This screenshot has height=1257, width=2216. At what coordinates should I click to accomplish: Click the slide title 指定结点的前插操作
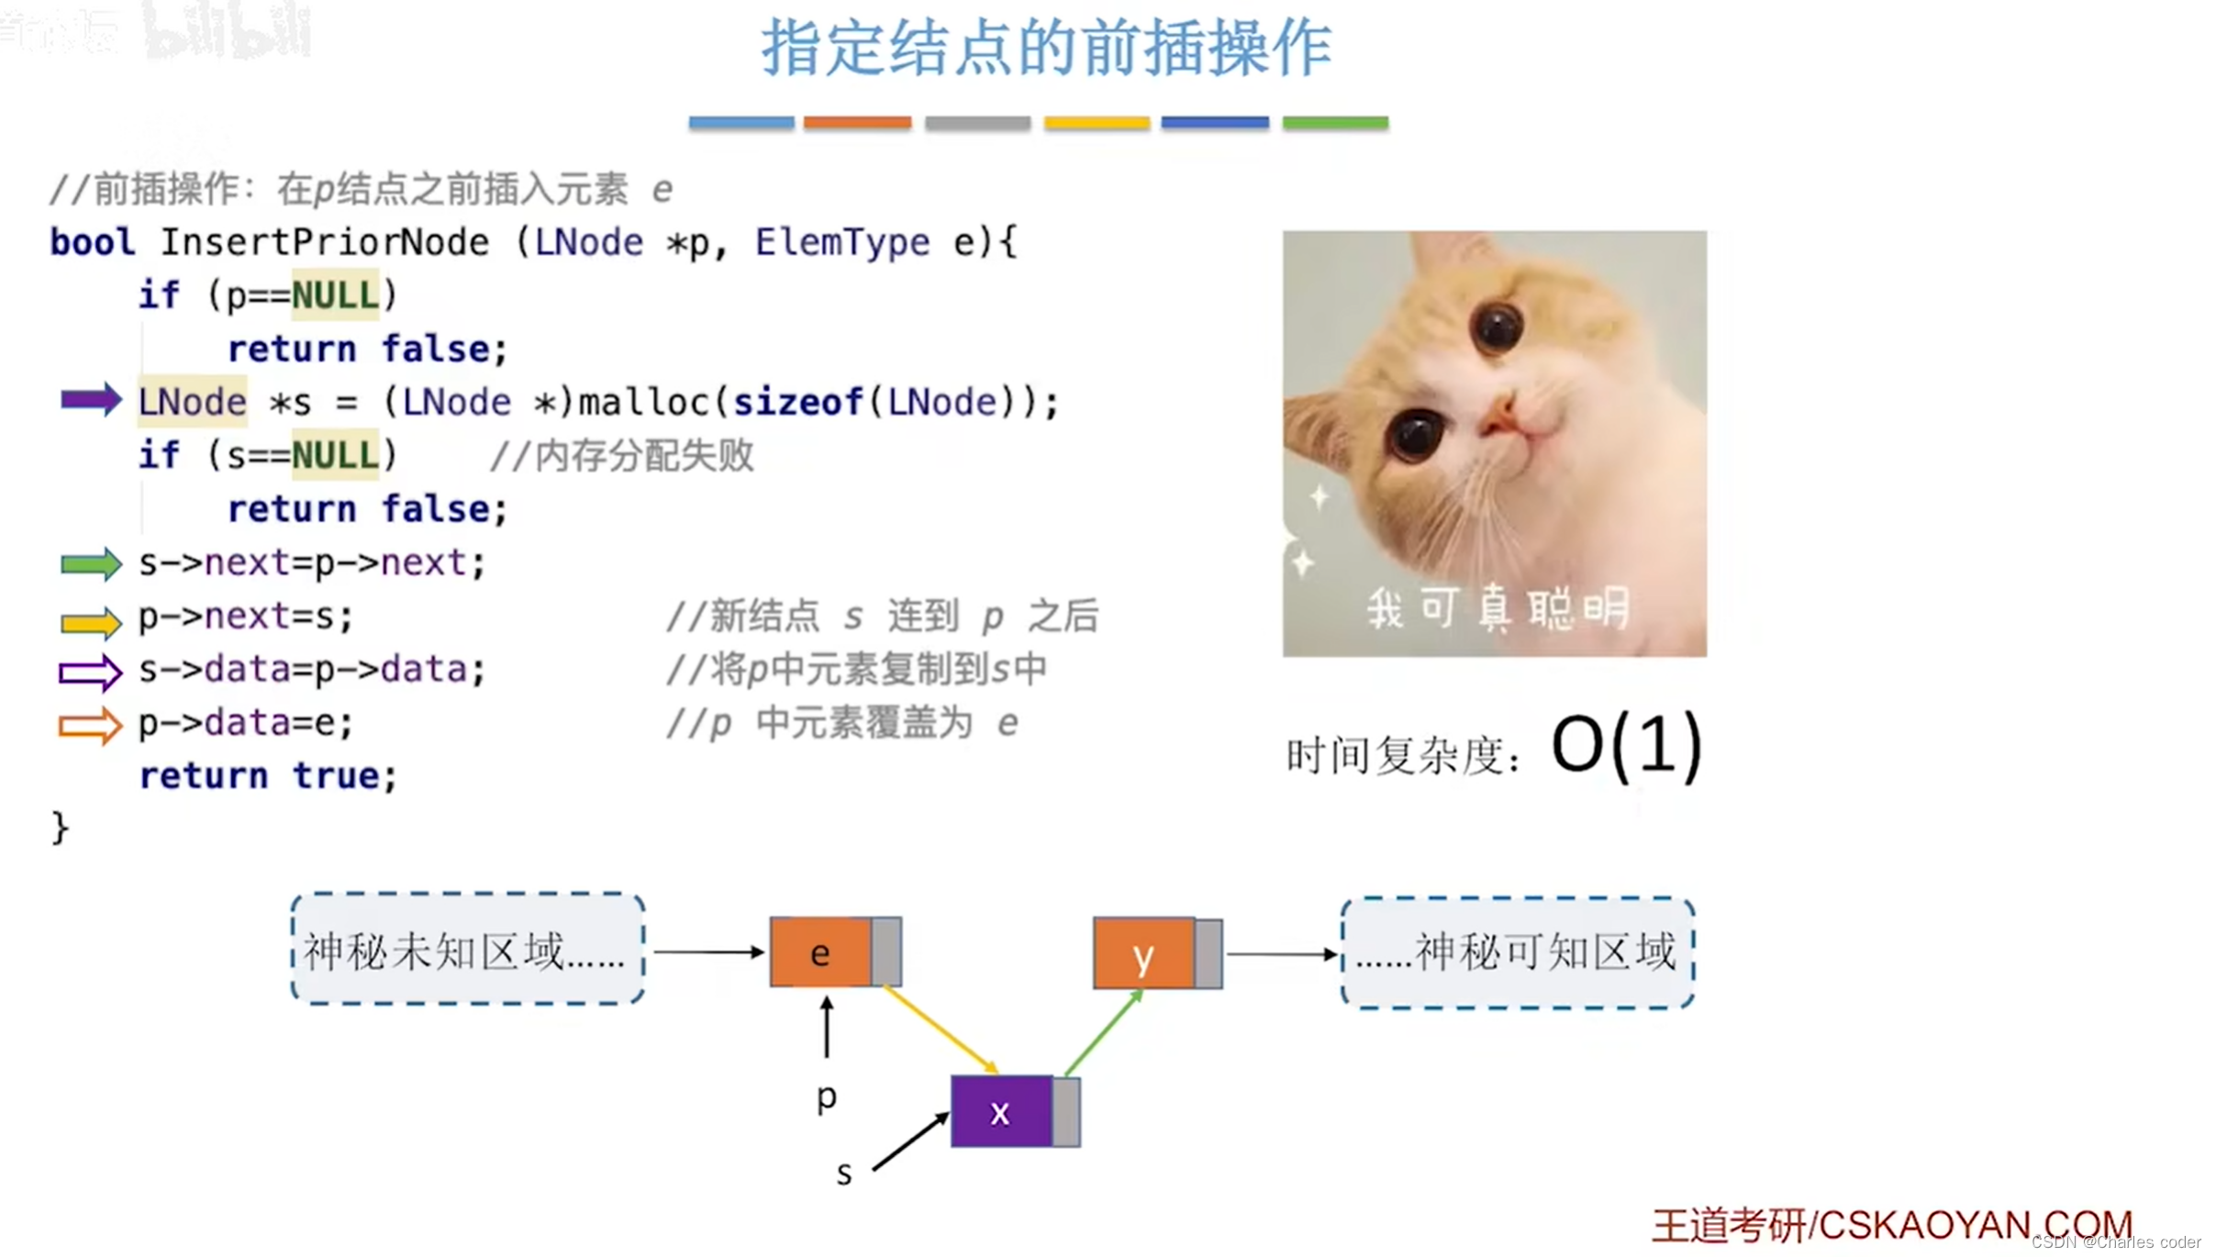(x=1046, y=48)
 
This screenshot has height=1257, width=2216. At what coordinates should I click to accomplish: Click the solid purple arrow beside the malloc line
(x=90, y=400)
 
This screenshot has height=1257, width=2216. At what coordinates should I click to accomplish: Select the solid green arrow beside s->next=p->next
(x=90, y=563)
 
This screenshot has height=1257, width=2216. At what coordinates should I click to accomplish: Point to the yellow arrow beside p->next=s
(x=90, y=622)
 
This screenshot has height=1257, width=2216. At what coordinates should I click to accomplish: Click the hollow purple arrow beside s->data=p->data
(x=90, y=673)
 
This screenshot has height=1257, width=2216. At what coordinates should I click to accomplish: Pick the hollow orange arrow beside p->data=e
(x=90, y=726)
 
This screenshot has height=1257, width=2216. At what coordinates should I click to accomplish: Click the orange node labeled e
(x=820, y=953)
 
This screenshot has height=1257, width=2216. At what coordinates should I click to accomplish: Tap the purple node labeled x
(x=1000, y=1112)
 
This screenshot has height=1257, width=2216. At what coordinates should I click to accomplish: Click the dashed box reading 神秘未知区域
(x=467, y=950)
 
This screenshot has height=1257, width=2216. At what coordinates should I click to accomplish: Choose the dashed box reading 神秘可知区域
(x=1518, y=952)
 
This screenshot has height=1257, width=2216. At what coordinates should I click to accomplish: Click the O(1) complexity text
(x=1626, y=747)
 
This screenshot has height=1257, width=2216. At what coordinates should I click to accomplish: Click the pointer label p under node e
(x=826, y=1096)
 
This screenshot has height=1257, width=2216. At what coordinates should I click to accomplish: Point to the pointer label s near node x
(x=844, y=1173)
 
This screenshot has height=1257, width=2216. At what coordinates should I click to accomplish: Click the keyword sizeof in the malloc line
(x=796, y=402)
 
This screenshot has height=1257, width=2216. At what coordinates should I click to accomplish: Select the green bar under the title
(x=1335, y=123)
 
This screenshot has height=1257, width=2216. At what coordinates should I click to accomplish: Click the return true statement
(x=268, y=776)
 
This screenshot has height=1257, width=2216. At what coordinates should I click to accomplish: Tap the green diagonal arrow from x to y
(x=1103, y=1033)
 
